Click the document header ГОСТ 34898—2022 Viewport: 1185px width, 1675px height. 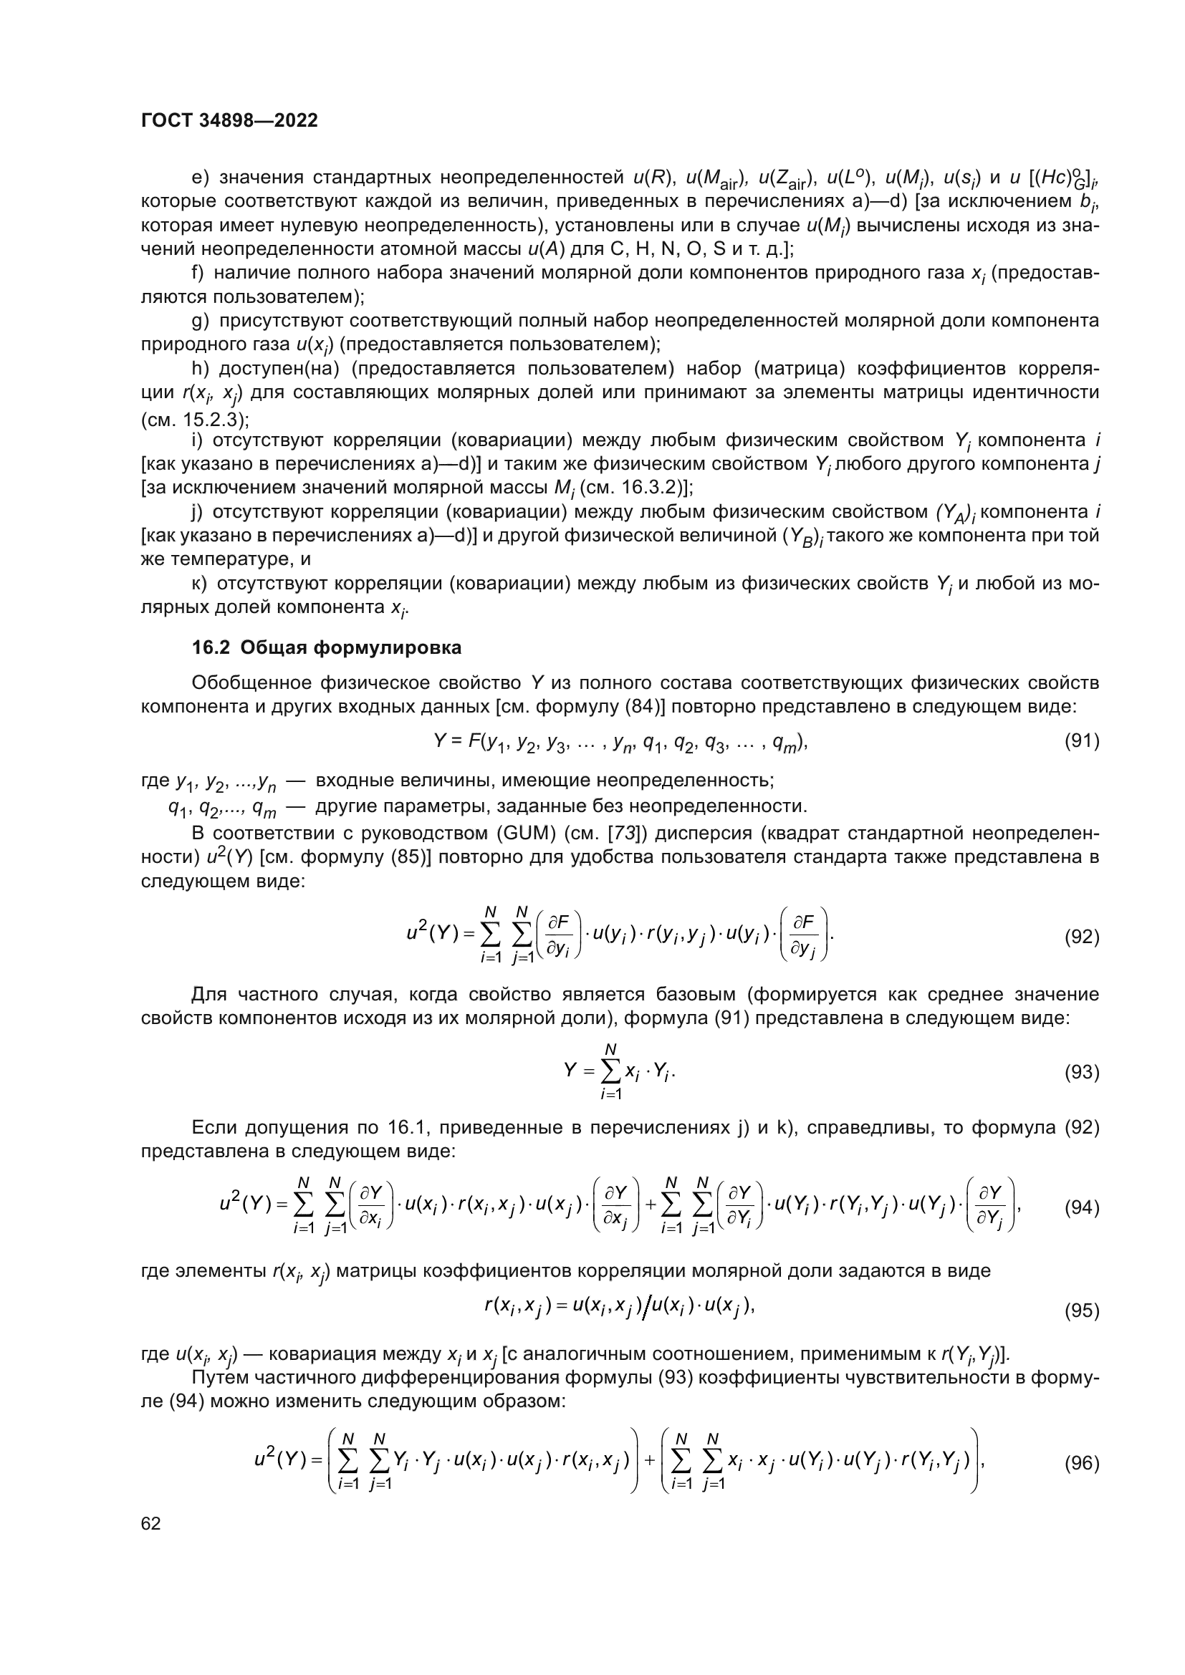(229, 120)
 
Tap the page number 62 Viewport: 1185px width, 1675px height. (151, 1523)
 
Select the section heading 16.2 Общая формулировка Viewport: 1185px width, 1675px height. (326, 647)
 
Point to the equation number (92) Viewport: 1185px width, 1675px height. (1081, 937)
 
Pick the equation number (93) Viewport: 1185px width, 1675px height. (1081, 1072)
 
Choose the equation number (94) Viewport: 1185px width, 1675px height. (1081, 1207)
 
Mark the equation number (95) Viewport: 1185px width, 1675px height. (1081, 1311)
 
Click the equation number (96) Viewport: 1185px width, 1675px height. (1081, 1463)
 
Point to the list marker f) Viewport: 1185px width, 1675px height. (197, 273)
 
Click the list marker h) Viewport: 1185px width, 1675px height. (198, 368)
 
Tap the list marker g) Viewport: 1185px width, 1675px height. (198, 320)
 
